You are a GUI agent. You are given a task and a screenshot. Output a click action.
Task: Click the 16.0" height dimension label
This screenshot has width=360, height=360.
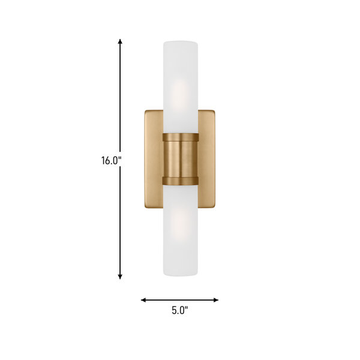tap(111, 160)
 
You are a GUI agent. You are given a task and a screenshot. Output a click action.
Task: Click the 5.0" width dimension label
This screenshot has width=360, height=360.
tap(180, 310)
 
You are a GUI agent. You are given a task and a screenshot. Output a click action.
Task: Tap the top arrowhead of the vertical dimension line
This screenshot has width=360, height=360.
tap(120, 41)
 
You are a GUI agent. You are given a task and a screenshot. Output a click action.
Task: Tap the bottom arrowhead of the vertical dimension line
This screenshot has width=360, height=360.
tap(120, 277)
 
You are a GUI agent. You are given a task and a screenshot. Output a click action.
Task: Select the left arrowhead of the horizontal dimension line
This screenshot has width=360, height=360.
tap(143, 300)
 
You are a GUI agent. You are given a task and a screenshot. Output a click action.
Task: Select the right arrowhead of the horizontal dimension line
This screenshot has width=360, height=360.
tap(216, 300)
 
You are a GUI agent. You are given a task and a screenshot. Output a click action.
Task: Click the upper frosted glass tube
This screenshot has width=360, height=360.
tap(181, 87)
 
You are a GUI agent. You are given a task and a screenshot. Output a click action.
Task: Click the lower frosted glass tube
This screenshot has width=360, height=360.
tap(181, 230)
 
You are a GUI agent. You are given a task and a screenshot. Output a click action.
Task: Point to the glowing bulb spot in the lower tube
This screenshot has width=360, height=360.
tap(181, 226)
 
